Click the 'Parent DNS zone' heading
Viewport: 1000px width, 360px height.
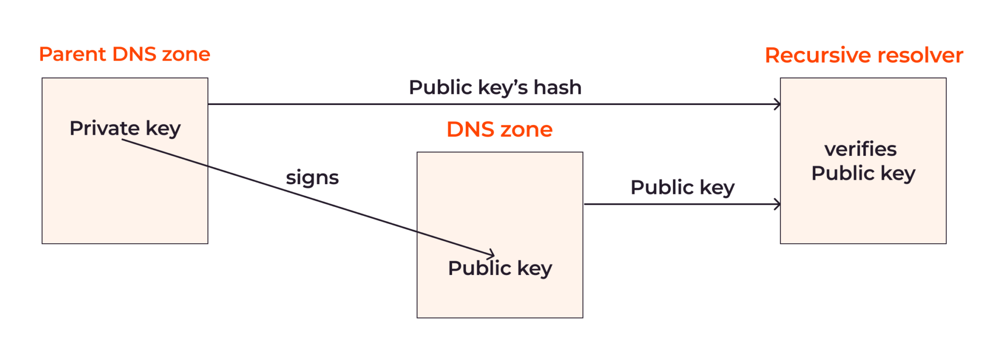pyautogui.click(x=125, y=54)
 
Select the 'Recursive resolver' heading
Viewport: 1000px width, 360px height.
pyautogui.click(x=864, y=55)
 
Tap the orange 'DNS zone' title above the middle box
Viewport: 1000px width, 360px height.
pyautogui.click(x=500, y=129)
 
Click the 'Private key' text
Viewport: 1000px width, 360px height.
pyautogui.click(x=125, y=128)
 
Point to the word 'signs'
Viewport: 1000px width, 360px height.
pyautogui.click(x=312, y=178)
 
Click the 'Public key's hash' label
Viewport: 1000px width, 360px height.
pyautogui.click(x=495, y=88)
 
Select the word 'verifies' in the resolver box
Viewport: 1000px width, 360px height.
pyautogui.click(x=860, y=149)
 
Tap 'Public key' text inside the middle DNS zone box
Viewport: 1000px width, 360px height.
pyautogui.click(x=500, y=268)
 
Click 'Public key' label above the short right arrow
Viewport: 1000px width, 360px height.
pyautogui.click(x=682, y=188)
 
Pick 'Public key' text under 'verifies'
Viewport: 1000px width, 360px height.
pyautogui.click(x=863, y=173)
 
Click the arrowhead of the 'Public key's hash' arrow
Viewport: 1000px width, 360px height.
pyautogui.click(x=778, y=104)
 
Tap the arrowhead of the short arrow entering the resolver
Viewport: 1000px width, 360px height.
pyautogui.click(x=778, y=204)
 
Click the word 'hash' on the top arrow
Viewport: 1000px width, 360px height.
pyautogui.click(x=557, y=88)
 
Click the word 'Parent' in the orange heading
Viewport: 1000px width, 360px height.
pyautogui.click(x=72, y=54)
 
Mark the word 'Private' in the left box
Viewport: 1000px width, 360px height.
pyautogui.click(x=104, y=128)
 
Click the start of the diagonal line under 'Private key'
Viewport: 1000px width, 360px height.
pyautogui.click(x=123, y=140)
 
